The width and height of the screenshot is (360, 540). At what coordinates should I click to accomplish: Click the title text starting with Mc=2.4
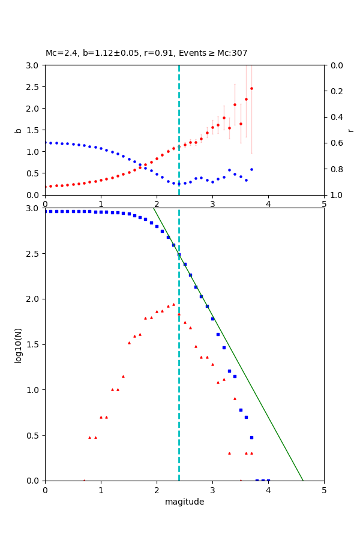146,53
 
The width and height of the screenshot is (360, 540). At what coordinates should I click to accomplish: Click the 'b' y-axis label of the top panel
19,130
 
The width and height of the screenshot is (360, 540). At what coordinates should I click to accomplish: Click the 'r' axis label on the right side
350,130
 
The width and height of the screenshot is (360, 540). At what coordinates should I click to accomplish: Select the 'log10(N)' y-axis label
19,344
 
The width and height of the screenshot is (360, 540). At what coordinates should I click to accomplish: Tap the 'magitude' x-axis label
184,502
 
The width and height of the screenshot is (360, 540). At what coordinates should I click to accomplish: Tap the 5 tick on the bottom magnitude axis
324,490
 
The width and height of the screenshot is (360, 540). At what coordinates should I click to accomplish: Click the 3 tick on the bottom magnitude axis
212,490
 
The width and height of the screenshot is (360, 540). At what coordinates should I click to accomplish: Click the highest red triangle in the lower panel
173,304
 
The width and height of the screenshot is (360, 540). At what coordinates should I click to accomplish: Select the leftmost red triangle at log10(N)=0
84,480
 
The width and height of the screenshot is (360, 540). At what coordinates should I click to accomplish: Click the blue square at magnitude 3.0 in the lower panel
212,319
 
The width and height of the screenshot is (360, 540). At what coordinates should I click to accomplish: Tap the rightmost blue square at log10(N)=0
268,480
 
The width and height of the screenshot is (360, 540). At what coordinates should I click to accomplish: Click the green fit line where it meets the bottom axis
303,480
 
